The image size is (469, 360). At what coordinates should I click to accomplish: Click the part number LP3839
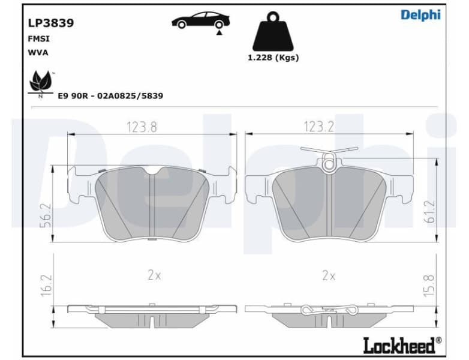tap(51, 23)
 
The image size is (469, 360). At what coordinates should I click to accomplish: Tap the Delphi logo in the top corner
tap(420, 15)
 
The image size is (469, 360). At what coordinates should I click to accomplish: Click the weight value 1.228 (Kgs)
tap(273, 58)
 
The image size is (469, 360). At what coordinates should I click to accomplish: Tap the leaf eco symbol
tap(41, 82)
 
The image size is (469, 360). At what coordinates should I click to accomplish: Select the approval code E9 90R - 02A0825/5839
tap(110, 95)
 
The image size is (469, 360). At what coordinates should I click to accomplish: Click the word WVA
tap(38, 52)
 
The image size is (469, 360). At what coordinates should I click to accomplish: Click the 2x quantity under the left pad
tap(154, 275)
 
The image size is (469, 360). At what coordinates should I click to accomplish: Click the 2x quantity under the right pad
tap(328, 275)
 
